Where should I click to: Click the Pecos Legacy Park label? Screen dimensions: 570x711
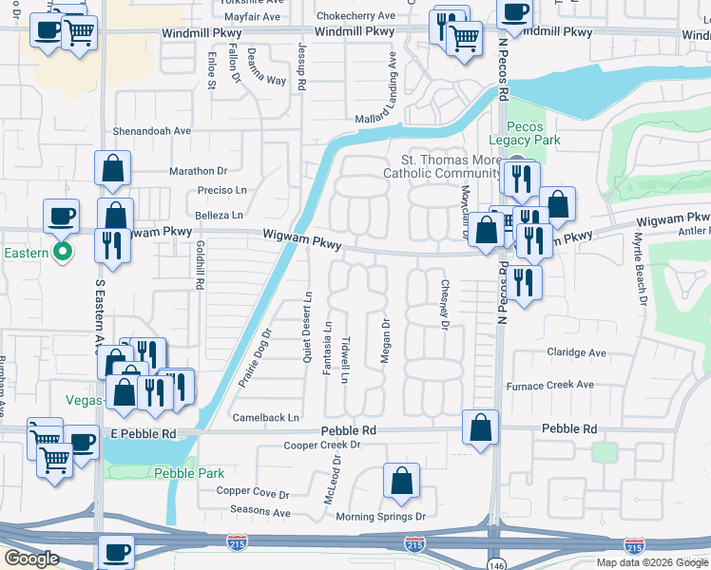(x=532, y=133)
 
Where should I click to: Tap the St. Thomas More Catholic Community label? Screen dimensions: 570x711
(x=441, y=166)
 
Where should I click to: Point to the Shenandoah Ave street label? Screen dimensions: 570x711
(x=153, y=131)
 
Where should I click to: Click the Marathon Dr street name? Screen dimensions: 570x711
(x=198, y=171)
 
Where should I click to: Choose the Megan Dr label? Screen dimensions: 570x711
(x=386, y=338)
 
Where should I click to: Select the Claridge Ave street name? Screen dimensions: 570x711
(x=576, y=352)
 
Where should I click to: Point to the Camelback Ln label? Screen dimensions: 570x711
(x=266, y=417)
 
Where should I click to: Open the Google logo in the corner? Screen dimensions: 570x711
(x=31, y=559)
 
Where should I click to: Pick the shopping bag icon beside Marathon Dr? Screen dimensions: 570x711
(x=112, y=168)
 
